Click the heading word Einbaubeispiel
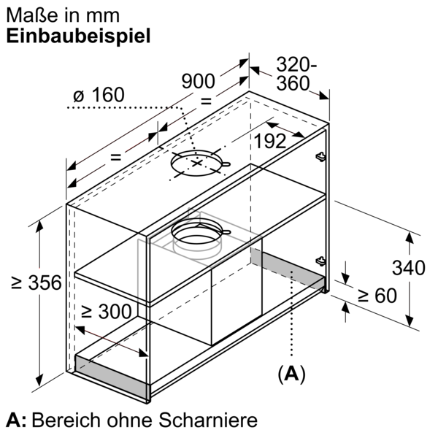coord(78,37)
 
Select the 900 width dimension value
coord(198,82)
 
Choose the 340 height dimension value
coord(408,268)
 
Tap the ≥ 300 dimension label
coord(107,312)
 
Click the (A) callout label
coord(291,374)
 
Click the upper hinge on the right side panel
coord(319,155)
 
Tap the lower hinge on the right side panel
coord(319,261)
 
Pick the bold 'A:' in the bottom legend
coord(16,420)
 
